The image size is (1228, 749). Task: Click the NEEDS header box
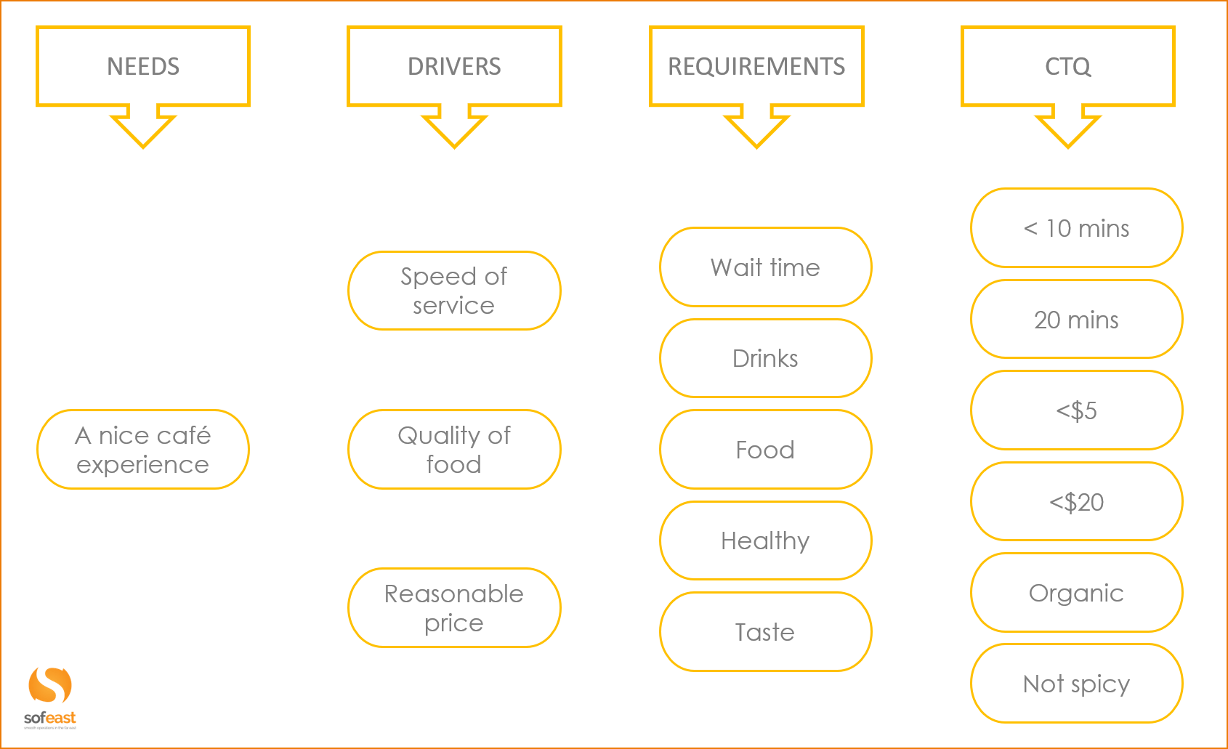pyautogui.click(x=143, y=67)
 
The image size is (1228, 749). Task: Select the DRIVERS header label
pyautogui.click(x=454, y=67)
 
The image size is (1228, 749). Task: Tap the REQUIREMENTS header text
pyautogui.click(x=756, y=67)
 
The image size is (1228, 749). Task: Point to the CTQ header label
pyautogui.click(x=1067, y=67)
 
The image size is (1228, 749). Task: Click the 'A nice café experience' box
pyautogui.click(x=143, y=450)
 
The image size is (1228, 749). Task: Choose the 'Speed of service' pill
pyautogui.click(x=454, y=291)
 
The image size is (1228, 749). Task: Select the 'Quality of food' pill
pyautogui.click(x=454, y=450)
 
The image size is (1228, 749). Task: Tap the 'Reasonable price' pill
pyautogui.click(x=454, y=608)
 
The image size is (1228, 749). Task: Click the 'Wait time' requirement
pyautogui.click(x=765, y=267)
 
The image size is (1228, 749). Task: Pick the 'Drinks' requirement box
pyautogui.click(x=765, y=358)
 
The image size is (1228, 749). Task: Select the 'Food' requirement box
pyautogui.click(x=765, y=450)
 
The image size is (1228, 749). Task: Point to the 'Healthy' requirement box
pyautogui.click(x=765, y=541)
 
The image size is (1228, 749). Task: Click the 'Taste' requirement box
pyautogui.click(x=765, y=632)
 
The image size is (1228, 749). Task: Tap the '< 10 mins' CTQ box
pyautogui.click(x=1076, y=228)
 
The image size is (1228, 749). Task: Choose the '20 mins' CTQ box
pyautogui.click(x=1076, y=320)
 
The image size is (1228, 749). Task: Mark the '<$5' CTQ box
pyautogui.click(x=1076, y=410)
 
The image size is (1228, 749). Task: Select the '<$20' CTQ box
pyautogui.click(x=1076, y=502)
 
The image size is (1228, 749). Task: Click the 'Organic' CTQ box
pyautogui.click(x=1076, y=593)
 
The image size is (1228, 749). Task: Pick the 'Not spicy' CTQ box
pyautogui.click(x=1076, y=684)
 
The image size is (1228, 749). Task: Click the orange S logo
pyautogui.click(x=50, y=686)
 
